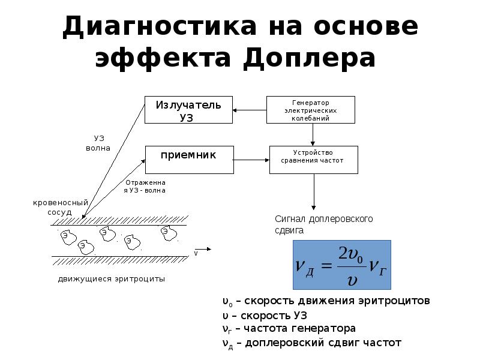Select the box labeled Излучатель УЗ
[x=188, y=110]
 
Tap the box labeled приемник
[x=188, y=160]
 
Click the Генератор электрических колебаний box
[x=310, y=110]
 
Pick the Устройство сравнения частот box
[x=313, y=160]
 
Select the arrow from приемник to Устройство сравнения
[x=250, y=160]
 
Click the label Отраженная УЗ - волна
[x=145, y=185]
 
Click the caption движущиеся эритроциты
[x=111, y=279]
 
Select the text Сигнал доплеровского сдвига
[x=323, y=224]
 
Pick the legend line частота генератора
[x=288, y=329]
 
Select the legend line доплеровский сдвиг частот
[x=311, y=343]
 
